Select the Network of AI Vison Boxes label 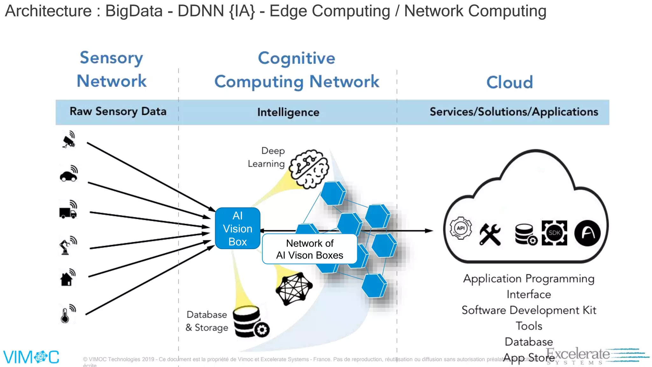coord(309,249)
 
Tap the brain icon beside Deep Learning coord(309,169)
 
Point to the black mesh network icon coord(294,289)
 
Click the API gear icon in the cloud coord(460,228)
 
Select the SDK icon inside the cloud coord(554,233)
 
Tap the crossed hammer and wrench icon coord(490,234)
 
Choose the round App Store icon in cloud coord(587,233)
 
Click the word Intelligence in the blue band coord(288,112)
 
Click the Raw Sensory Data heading coord(118,112)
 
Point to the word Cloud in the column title coord(509,83)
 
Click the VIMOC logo coord(31,357)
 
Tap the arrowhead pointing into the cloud coord(430,231)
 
